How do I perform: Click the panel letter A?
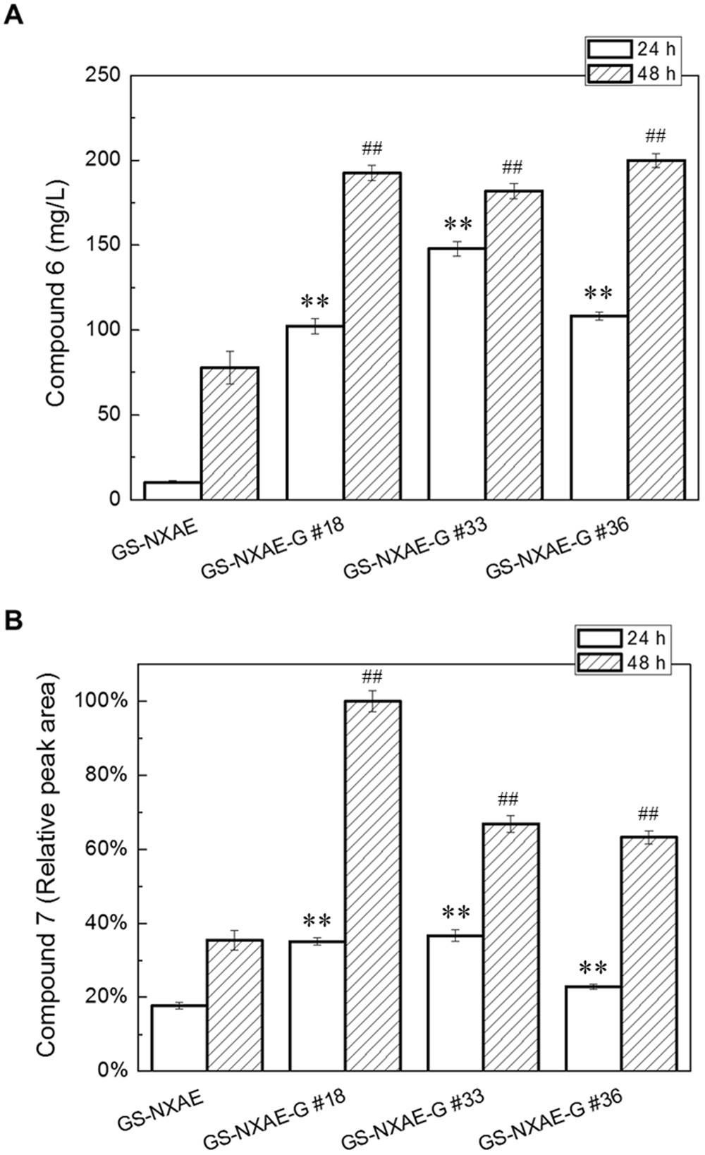[14, 13]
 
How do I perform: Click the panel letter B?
[14, 620]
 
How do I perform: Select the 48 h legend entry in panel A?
[632, 73]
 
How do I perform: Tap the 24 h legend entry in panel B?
[622, 639]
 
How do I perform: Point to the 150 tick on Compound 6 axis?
[102, 245]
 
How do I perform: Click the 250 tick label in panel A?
[102, 75]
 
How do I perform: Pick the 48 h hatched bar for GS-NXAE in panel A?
[230, 433]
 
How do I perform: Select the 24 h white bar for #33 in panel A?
[456, 374]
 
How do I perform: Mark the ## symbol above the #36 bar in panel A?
[656, 136]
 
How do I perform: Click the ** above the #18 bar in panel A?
[314, 302]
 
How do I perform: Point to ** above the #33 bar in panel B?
[455, 912]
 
